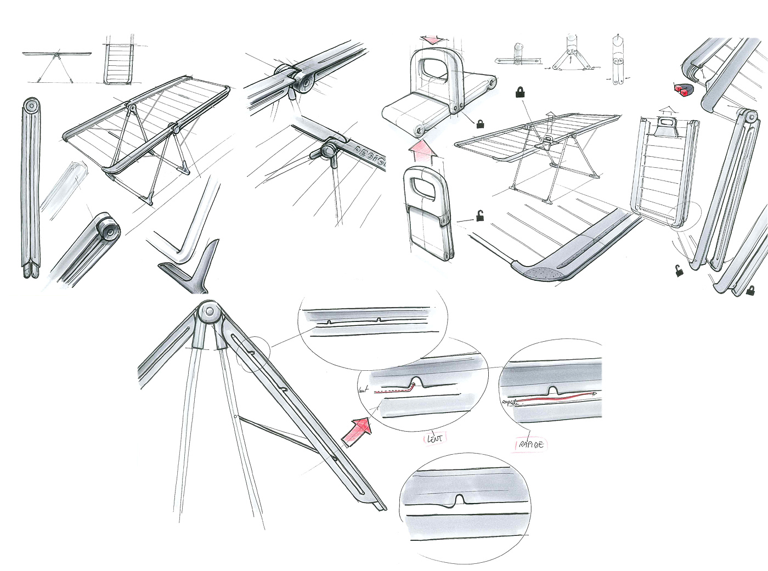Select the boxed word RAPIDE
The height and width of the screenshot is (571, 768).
coord(530,444)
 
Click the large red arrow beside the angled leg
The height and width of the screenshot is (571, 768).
coord(356,429)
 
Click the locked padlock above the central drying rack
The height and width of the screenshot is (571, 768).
coord(519,92)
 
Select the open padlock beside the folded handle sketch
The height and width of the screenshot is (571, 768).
coord(480,216)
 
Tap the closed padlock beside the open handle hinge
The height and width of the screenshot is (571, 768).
coord(481,124)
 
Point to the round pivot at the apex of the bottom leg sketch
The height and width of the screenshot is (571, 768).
coord(210,313)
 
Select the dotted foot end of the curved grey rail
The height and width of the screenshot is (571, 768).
coord(540,272)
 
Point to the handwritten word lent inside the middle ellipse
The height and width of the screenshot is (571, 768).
coord(363,390)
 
